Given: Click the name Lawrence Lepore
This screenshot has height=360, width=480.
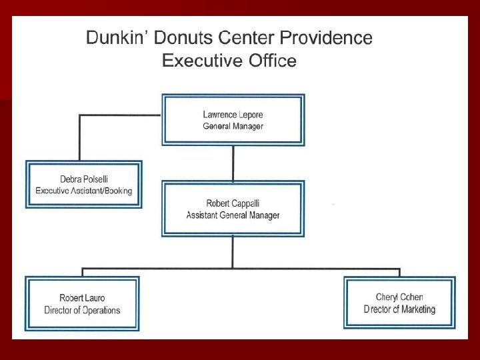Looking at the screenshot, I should [233, 115].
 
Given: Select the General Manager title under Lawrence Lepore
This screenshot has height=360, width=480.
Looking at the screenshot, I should [233, 126].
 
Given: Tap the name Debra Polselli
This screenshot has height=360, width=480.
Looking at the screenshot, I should [83, 179].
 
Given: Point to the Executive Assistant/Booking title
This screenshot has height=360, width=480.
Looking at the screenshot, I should [83, 191].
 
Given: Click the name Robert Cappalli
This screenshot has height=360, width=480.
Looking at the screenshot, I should [233, 203].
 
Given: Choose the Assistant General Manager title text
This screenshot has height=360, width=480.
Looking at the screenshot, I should [233, 215].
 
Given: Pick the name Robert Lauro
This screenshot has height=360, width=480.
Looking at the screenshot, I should [82, 298].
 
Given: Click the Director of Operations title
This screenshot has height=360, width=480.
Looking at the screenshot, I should [82, 310].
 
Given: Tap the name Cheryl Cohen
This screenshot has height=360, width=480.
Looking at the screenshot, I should [399, 297].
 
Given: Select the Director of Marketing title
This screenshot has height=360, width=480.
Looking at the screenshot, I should [399, 309].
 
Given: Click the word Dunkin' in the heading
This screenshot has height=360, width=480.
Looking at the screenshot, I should [114, 38].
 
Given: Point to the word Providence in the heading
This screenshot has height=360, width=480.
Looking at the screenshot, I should [330, 38].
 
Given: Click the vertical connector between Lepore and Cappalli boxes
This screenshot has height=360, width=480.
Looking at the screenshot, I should [233, 163].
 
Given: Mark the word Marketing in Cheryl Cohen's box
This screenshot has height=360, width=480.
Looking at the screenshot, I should [415, 309].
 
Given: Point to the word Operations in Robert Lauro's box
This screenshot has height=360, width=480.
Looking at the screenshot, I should [98, 310].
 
